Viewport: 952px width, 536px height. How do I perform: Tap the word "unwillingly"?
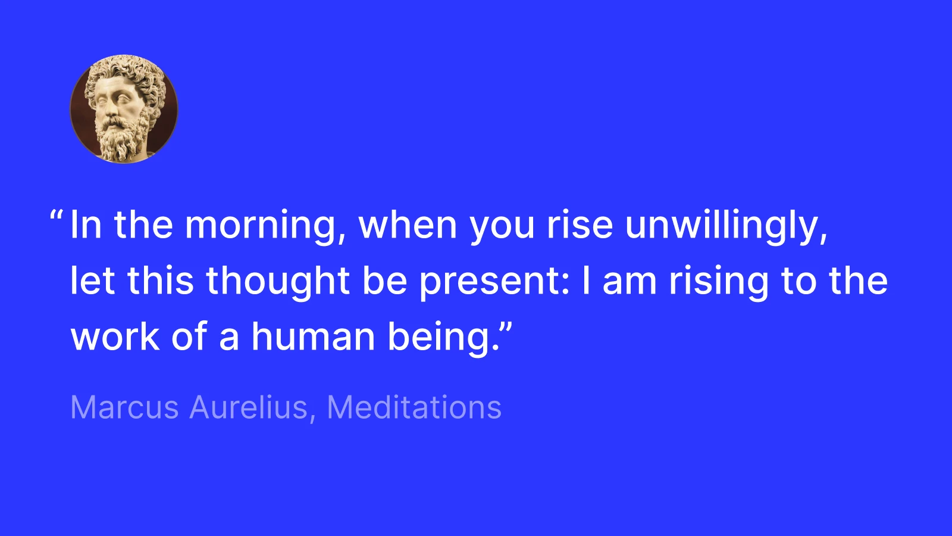[x=726, y=226]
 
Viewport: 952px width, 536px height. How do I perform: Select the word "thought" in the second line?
[x=278, y=282]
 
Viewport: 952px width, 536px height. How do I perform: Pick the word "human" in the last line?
[x=313, y=337]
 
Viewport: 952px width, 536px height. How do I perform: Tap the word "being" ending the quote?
[x=439, y=337]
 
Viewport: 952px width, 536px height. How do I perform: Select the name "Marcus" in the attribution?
[x=124, y=408]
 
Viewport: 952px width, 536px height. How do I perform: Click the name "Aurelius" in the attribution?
[x=249, y=408]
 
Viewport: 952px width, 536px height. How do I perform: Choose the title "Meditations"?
[x=414, y=408]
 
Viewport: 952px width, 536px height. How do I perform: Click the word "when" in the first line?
[x=408, y=226]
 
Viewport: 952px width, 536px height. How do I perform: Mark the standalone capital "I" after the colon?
[x=586, y=282]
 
